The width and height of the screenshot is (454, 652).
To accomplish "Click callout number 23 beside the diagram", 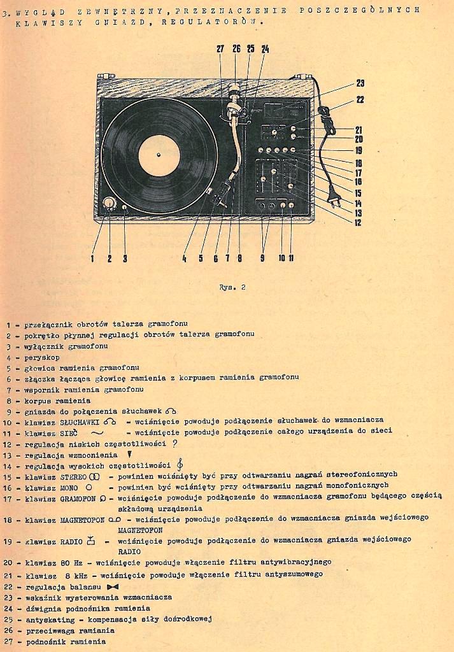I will [360, 83].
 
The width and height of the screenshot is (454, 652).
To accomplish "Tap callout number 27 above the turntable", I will [220, 49].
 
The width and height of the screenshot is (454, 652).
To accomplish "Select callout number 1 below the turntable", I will [92, 259].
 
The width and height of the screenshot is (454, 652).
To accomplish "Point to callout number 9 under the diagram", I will [262, 258].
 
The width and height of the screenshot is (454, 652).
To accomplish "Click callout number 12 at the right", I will [358, 223].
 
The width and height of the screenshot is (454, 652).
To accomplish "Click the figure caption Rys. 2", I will [232, 287].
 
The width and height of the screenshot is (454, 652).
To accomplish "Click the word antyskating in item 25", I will [44, 619].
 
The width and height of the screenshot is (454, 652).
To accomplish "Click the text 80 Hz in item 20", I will [71, 563].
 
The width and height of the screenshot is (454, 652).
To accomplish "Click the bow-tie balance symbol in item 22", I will [113, 586].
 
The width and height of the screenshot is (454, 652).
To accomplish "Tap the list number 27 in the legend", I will [8, 641].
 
